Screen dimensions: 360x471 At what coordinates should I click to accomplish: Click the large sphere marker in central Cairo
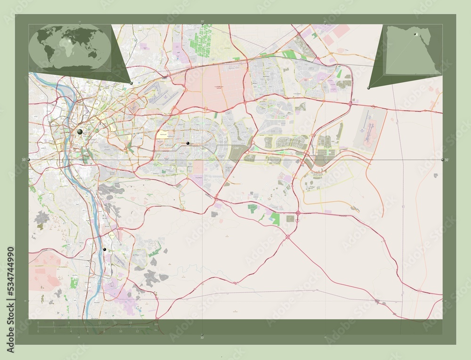(x=80, y=132)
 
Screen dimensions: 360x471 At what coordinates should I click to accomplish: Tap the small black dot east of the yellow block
(x=188, y=143)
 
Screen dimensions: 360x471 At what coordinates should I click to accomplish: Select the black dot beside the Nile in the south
(x=105, y=249)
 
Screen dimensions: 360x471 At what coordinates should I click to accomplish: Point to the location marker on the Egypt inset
(x=415, y=34)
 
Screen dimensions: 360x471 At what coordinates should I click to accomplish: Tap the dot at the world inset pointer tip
(x=131, y=83)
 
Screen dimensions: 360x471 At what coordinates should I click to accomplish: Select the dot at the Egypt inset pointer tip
(x=369, y=88)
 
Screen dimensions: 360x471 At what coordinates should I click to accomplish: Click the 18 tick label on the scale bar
(x=130, y=323)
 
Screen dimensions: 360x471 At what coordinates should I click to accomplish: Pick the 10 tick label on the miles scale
(x=121, y=331)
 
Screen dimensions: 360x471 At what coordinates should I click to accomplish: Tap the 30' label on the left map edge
(x=23, y=160)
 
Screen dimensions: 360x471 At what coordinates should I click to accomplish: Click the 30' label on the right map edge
(x=447, y=160)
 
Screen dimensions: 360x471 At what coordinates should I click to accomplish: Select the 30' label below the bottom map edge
(x=202, y=337)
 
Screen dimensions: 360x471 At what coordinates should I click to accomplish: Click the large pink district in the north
(x=215, y=87)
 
